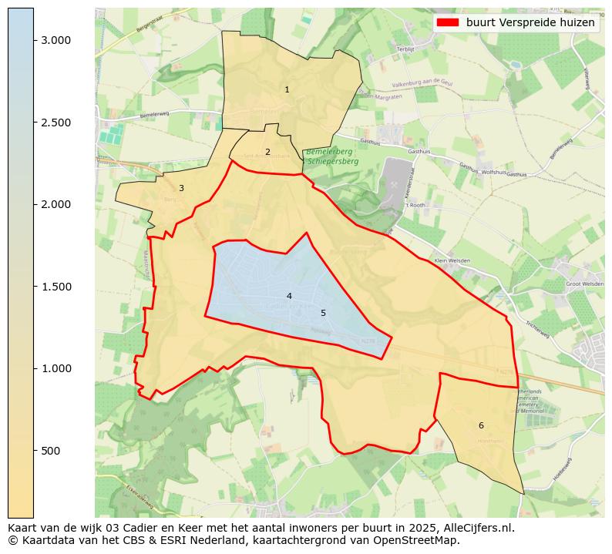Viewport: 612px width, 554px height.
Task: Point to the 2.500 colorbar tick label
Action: (x=55, y=123)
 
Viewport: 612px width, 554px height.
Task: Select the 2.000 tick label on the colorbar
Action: (x=55, y=204)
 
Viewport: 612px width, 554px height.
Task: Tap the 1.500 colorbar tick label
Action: (x=55, y=287)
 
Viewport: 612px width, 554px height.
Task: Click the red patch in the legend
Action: (x=447, y=23)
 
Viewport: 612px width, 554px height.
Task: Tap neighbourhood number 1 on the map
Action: (x=287, y=90)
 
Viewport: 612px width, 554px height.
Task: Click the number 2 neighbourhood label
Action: (x=267, y=153)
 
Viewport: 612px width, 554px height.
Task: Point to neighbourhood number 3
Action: (x=181, y=189)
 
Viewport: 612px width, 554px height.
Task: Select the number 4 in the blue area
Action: (x=289, y=297)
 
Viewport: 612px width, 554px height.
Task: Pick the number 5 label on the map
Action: (x=323, y=314)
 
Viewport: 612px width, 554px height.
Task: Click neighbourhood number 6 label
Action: (x=481, y=426)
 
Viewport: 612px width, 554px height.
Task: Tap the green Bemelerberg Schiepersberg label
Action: (x=331, y=157)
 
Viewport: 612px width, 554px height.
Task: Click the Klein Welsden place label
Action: (x=451, y=261)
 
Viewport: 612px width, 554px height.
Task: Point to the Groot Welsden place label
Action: (x=584, y=284)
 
